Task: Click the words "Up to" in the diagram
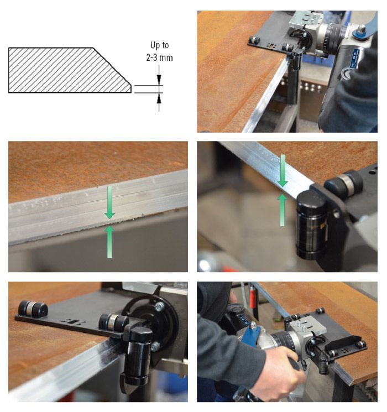coord(159,45)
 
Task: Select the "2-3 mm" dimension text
coord(159,58)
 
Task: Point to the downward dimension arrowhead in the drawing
coord(159,79)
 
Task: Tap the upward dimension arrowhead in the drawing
coord(159,99)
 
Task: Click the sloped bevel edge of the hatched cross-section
coord(112,66)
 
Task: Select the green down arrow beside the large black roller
coord(283,170)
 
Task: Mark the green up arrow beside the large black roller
coord(283,210)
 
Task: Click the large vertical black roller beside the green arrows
coord(312,225)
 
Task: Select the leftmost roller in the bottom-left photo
coord(33,309)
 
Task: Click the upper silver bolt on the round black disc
coord(159,306)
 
